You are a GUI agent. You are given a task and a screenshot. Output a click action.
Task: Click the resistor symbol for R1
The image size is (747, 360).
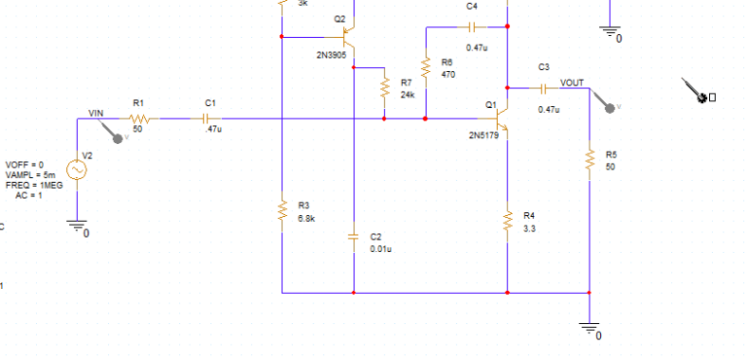coord(138,119)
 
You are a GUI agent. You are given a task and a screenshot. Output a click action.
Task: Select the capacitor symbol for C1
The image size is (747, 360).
coord(206,119)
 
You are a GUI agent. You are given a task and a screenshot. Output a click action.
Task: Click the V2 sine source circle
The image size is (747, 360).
coord(76,169)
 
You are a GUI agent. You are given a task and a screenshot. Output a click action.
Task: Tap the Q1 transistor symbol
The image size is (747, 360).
coord(502,120)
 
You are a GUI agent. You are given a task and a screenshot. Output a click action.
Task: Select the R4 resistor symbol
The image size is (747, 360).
coord(507,220)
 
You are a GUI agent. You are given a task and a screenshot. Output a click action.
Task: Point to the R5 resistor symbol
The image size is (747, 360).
coord(589,161)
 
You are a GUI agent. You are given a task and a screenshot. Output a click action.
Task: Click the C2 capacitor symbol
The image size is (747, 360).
coord(354,237)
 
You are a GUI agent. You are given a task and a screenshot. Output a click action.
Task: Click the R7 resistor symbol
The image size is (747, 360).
coord(385,89)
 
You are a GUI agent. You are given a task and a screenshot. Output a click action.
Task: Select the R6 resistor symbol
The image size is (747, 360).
coord(426,68)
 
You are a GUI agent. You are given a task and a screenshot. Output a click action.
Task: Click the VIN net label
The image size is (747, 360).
coord(95,113)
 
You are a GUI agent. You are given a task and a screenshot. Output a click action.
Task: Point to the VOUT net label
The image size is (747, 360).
coord(572,83)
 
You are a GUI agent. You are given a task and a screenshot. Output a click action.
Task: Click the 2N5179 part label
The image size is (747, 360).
coord(484,135)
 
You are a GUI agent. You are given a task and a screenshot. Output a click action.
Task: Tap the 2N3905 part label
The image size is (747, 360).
coord(332,55)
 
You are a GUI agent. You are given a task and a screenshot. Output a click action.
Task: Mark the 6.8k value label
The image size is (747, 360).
coord(305,218)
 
